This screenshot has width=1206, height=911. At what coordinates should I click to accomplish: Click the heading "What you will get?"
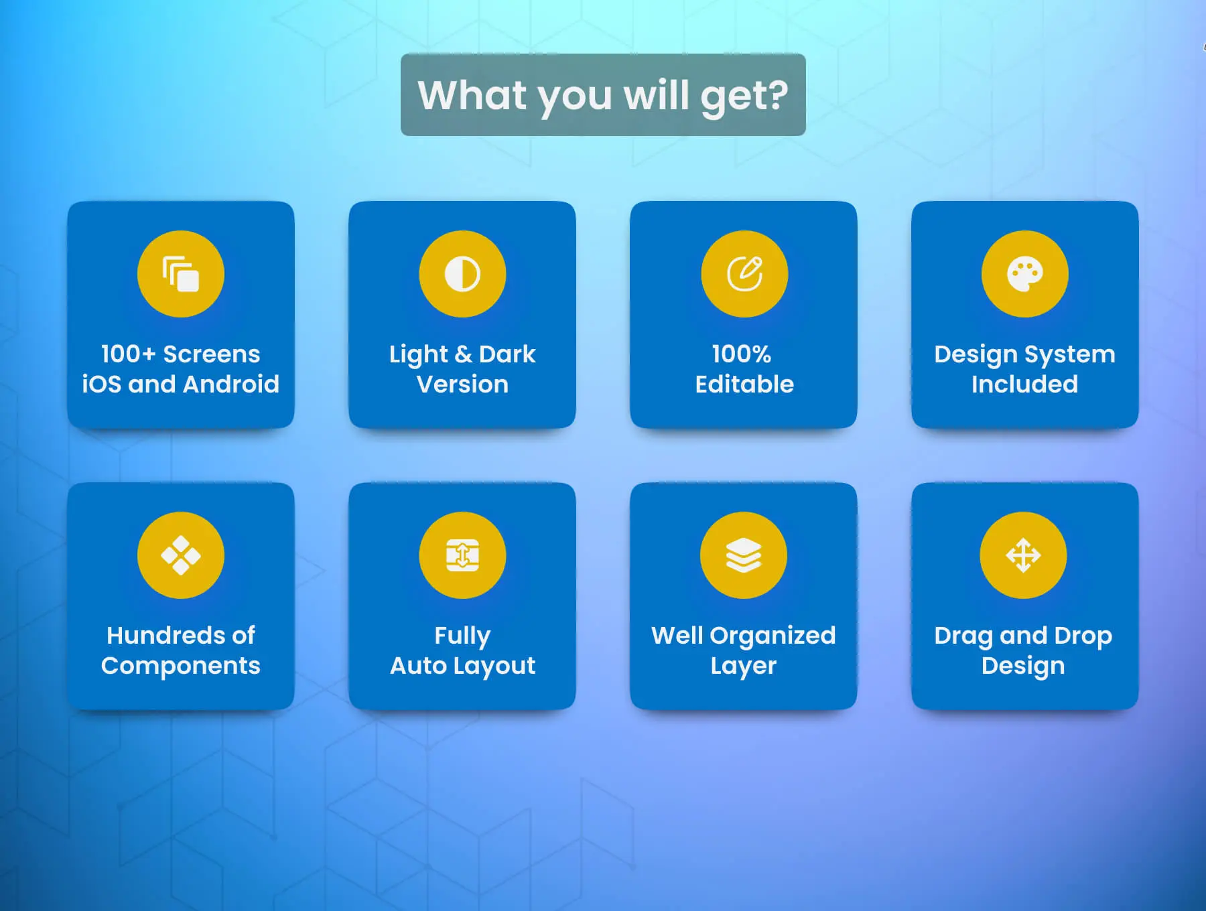point(603,96)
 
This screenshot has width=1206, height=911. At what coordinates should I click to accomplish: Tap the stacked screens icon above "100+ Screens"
point(181,274)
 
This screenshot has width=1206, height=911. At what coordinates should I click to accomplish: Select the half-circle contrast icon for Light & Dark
point(462,274)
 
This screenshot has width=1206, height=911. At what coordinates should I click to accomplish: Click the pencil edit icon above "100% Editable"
point(744,273)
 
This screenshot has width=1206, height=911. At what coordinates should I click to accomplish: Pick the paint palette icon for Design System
point(1025,275)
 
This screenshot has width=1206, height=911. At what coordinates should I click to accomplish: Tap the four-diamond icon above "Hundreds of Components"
point(181,555)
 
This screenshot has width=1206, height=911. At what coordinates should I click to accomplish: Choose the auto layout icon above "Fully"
point(462,555)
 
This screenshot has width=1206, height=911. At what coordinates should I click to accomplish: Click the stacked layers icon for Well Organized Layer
point(744,555)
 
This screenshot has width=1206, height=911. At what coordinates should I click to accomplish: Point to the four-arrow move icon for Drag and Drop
point(1023,555)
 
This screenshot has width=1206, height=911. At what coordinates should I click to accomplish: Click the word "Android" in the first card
point(231,384)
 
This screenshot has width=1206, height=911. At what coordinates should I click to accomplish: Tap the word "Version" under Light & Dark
point(462,384)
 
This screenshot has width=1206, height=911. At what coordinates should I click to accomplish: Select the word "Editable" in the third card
point(744,384)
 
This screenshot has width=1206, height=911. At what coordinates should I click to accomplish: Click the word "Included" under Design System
point(1025,384)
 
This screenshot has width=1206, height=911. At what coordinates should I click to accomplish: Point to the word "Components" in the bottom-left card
point(181,666)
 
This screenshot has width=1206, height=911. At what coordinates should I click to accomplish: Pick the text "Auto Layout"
point(462,666)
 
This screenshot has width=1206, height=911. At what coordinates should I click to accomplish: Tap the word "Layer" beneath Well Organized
point(744,666)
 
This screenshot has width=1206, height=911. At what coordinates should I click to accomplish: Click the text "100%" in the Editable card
point(742,354)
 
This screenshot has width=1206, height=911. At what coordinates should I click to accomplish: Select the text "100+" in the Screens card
point(128,354)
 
